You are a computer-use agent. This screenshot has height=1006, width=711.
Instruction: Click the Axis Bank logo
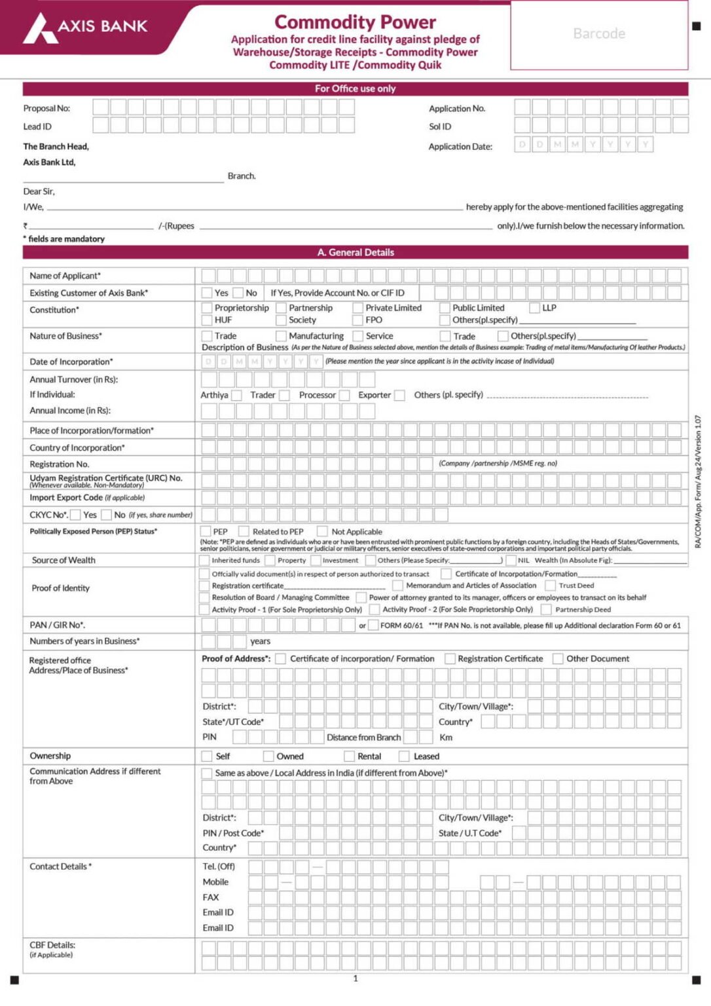[x=85, y=28]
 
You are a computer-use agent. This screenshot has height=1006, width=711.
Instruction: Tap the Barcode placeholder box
[x=599, y=34]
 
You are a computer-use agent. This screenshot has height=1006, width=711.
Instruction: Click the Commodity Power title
[x=355, y=22]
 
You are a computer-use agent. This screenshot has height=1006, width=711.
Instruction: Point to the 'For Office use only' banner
[x=355, y=88]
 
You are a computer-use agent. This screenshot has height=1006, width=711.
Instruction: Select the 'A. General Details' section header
[x=355, y=252]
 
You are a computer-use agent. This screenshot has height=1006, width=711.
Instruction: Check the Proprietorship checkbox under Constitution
[x=207, y=308]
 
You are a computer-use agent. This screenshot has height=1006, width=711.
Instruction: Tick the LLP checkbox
[x=534, y=308]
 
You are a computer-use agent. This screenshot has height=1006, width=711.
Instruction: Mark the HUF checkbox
[x=207, y=320]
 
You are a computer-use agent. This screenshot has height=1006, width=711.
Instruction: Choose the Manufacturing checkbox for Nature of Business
[x=281, y=336]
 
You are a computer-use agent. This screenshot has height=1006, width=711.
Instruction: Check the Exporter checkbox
[x=399, y=396]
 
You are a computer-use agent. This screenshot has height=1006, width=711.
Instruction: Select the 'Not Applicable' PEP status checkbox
[x=322, y=532]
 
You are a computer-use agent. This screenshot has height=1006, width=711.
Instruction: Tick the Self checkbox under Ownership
[x=207, y=756]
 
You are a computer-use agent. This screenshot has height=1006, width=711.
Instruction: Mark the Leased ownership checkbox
[x=404, y=756]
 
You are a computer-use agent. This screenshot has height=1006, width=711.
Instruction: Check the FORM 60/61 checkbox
[x=373, y=625]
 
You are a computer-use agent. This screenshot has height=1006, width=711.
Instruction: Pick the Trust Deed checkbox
[x=551, y=586]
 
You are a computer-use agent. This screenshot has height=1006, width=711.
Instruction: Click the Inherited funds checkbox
[x=204, y=561]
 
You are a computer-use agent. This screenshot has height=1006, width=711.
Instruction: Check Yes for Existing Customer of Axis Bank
[x=207, y=293]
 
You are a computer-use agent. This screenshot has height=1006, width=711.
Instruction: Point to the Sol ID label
[x=440, y=126]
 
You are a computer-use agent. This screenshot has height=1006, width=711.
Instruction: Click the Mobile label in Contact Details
[x=215, y=882]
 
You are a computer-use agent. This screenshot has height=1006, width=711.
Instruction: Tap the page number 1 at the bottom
[x=355, y=978]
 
